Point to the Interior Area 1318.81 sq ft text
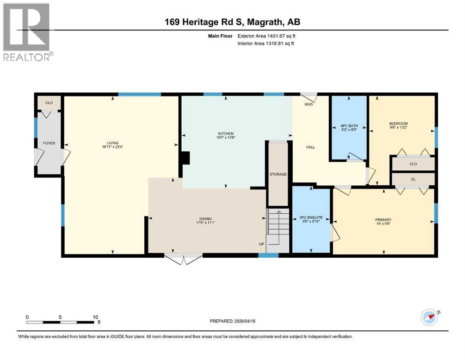[265, 44]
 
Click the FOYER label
[49, 143]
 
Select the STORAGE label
[278, 174]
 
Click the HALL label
[310, 147]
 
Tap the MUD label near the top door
[309, 104]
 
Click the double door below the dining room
[183, 259]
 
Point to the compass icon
[429, 318]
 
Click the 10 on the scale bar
[96, 317]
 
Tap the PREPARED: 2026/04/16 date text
[232, 321]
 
